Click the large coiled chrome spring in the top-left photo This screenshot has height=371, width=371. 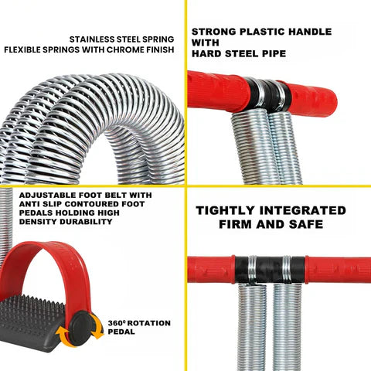point(93,116)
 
